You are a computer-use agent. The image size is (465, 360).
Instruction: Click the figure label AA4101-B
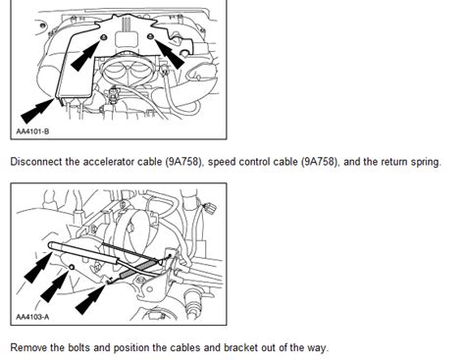click(x=32, y=131)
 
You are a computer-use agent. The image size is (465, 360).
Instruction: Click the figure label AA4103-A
click(x=32, y=317)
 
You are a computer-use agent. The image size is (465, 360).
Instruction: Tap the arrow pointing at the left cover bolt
click(x=85, y=55)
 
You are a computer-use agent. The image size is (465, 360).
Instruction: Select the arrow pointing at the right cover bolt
click(x=170, y=54)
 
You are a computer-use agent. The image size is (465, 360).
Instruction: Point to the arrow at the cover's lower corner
click(x=37, y=111)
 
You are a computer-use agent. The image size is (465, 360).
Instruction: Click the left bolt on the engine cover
click(x=104, y=37)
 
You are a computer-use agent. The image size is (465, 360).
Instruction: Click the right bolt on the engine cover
click(x=150, y=36)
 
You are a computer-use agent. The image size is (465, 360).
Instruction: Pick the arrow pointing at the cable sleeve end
click(x=38, y=267)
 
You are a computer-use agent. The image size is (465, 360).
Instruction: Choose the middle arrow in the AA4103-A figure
click(x=54, y=285)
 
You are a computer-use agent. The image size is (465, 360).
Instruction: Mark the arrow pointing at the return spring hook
click(x=90, y=299)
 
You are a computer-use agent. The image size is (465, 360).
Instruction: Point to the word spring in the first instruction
click(x=425, y=162)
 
